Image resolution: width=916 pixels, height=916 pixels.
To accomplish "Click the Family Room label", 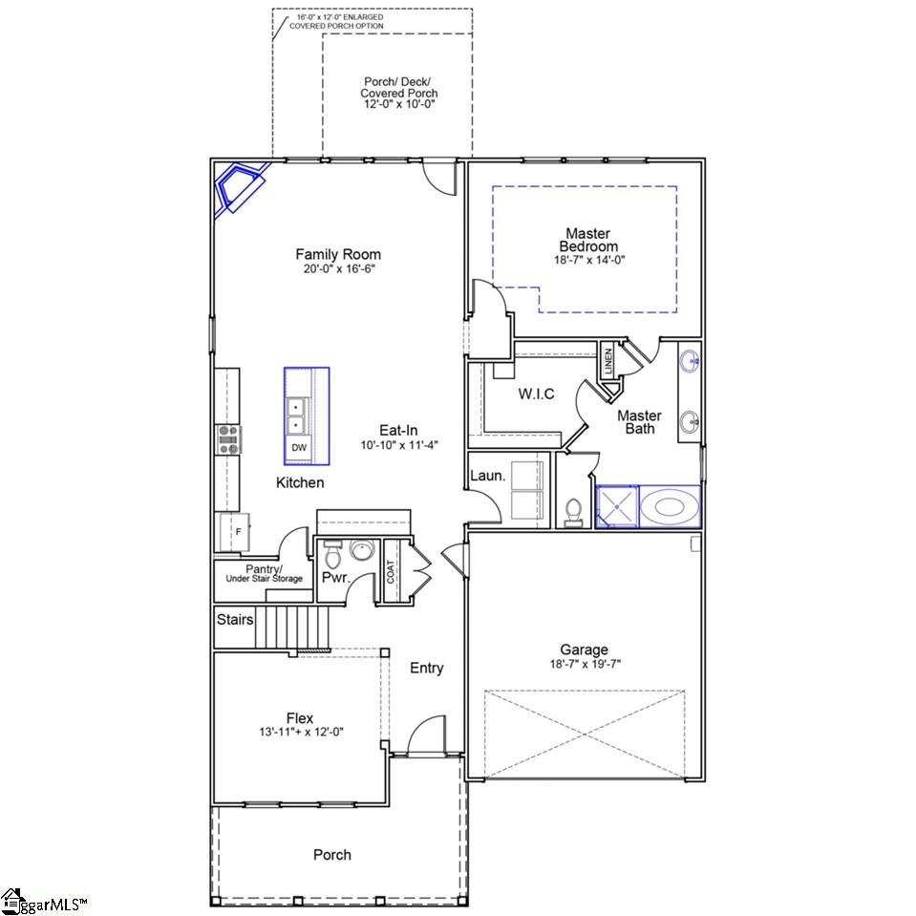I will click(337, 254).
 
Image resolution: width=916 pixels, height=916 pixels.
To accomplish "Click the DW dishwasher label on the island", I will click(299, 447).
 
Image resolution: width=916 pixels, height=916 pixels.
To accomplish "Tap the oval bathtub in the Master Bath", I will click(670, 506).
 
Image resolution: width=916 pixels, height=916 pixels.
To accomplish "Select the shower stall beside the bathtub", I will click(617, 506).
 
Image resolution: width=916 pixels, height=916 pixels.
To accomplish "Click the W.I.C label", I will click(536, 394).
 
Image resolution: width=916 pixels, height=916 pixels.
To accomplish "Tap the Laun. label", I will click(487, 475).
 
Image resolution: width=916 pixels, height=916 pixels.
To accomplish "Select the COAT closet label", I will click(391, 572).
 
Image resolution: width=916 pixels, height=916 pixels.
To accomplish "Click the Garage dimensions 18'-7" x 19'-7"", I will click(584, 664).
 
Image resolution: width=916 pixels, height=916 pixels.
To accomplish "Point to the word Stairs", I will click(235, 620).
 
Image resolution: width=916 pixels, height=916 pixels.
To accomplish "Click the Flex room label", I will click(299, 718).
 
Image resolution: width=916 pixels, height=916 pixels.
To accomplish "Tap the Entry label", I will click(426, 668).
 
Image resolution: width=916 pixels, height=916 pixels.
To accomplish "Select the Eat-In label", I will click(398, 431).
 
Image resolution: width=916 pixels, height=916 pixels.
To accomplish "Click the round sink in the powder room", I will click(362, 552).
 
